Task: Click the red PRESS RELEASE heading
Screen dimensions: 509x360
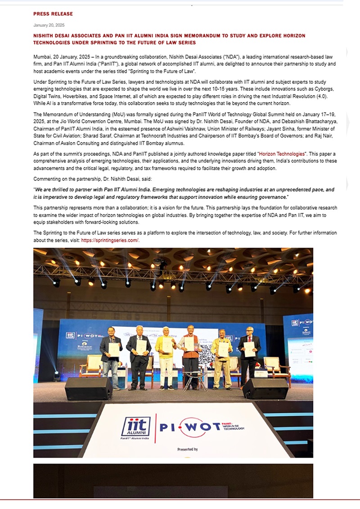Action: [x=53, y=14]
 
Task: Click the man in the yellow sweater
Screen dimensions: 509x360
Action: [x=166, y=356]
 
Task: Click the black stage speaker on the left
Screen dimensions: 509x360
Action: [x=88, y=388]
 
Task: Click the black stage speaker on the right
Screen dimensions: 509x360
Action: [x=265, y=388]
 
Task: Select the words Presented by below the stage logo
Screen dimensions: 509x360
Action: [x=187, y=449]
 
